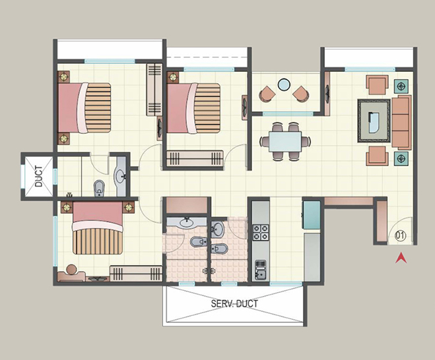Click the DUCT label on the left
(38, 175)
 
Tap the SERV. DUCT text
(234, 304)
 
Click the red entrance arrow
(399, 259)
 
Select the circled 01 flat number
(399, 234)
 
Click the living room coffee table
(373, 119)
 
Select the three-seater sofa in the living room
(401, 121)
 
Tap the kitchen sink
(259, 269)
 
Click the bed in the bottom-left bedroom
(97, 228)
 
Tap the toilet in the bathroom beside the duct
(99, 187)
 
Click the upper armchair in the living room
(377, 85)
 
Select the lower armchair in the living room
(377, 156)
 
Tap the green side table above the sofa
(401, 85)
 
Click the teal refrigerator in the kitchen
(311, 214)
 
